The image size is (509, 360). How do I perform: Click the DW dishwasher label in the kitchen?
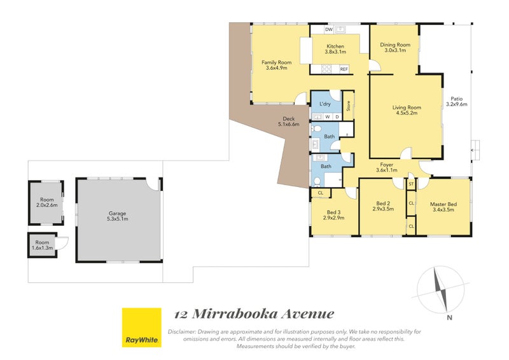329,29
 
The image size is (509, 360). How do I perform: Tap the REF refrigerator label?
344,69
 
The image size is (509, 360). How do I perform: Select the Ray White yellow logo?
141,327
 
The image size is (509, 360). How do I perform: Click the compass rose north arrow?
441,289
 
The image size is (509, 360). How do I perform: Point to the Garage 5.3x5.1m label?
117,216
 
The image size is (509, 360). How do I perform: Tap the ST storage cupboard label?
411,184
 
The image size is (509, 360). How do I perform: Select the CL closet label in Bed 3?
321,193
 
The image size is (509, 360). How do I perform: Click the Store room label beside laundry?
348,106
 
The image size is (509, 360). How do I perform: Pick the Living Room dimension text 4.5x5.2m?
407,113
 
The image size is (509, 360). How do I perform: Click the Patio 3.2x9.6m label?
456,101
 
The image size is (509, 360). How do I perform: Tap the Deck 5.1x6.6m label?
289,121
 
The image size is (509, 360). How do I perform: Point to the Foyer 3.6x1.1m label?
387,167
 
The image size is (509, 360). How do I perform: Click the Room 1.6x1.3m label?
42,245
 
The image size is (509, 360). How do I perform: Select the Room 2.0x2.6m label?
46,202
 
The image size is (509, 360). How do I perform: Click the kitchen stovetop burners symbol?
326,69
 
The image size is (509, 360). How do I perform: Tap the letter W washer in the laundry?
328,117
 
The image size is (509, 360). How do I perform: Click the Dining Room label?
395,45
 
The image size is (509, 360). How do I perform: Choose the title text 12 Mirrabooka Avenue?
254,314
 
